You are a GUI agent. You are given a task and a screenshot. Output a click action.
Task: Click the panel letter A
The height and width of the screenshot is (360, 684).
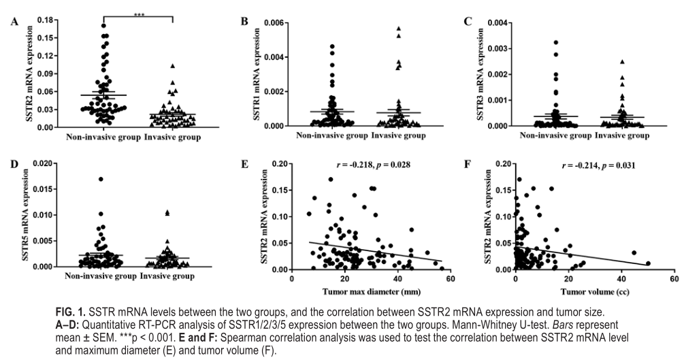click(x=14, y=22)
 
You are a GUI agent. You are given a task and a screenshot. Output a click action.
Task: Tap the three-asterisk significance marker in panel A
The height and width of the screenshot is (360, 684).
click(x=140, y=14)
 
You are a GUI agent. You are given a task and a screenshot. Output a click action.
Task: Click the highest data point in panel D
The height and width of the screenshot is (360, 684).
click(x=101, y=179)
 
